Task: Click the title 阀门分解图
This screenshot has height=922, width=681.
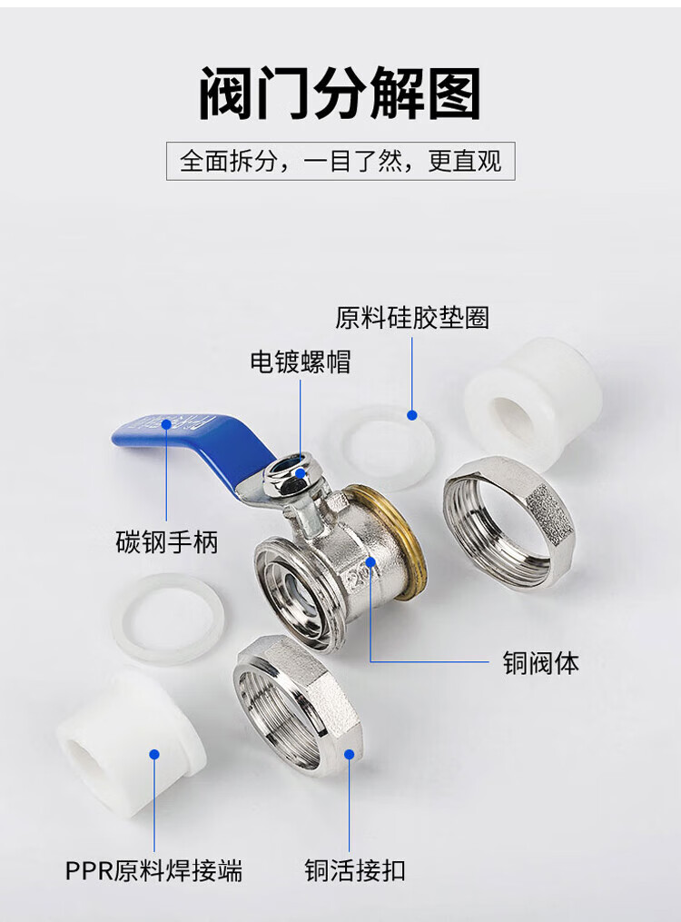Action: click(x=340, y=93)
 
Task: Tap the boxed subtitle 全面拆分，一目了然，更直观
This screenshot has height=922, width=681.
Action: click(x=340, y=161)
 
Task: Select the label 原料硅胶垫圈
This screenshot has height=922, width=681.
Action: click(x=412, y=318)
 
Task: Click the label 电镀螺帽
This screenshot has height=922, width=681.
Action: click(x=301, y=362)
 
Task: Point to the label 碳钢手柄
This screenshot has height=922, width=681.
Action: click(x=167, y=541)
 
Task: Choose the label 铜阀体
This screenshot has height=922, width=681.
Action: click(x=540, y=662)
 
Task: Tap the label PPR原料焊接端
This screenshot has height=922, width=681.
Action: click(x=153, y=870)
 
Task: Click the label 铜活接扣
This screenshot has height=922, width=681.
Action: click(x=355, y=870)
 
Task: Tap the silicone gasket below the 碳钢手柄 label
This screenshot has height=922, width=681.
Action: click(x=168, y=618)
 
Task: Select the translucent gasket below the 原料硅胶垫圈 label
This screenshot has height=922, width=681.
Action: click(x=383, y=447)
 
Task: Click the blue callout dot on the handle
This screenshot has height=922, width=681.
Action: click(x=166, y=424)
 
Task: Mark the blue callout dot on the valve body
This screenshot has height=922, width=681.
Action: click(x=370, y=561)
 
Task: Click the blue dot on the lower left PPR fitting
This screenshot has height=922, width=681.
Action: click(x=154, y=755)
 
